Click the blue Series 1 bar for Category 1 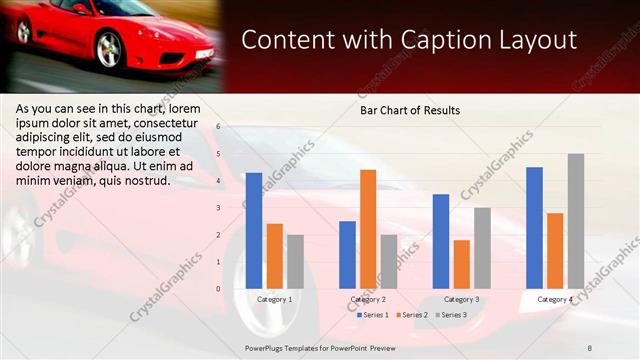click(254, 231)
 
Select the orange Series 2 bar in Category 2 click(368, 229)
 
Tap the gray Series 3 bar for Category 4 click(576, 221)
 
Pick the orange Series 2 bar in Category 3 click(462, 264)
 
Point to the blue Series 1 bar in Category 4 click(534, 228)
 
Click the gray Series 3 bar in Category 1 click(295, 261)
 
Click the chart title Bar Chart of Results click(410, 111)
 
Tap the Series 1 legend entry click(373, 315)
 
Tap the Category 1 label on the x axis click(275, 299)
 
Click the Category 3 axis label click(461, 299)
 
